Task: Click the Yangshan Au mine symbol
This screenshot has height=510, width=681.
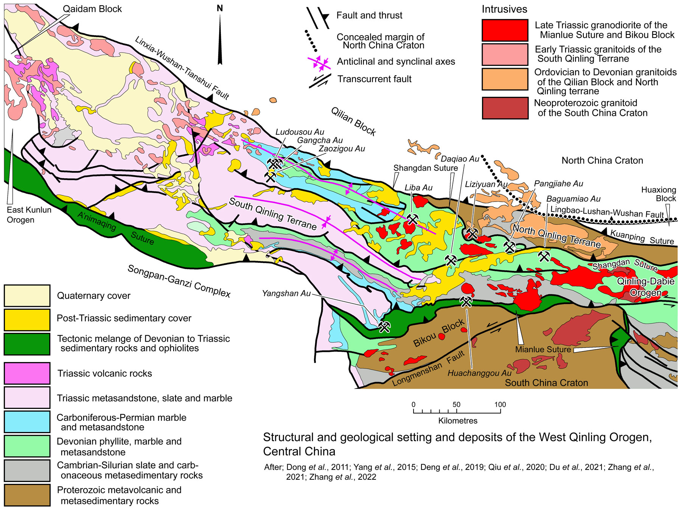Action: click(384, 327)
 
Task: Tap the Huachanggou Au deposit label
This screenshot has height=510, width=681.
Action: click(479, 373)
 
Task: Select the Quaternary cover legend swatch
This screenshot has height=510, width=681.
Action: click(27, 295)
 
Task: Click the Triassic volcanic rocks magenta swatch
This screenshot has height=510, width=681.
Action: click(27, 373)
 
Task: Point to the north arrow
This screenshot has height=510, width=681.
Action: click(220, 36)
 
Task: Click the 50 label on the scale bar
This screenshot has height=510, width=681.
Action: click(456, 404)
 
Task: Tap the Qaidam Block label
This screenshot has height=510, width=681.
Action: click(92, 9)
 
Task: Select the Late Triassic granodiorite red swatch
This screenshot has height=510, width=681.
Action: click(505, 30)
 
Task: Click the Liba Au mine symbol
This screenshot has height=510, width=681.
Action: click(412, 219)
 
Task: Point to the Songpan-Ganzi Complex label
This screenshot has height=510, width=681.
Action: click(179, 281)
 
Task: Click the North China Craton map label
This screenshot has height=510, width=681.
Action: click(602, 160)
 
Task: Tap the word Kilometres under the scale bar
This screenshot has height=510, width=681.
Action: click(457, 421)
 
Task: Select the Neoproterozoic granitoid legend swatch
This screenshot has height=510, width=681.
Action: click(505, 108)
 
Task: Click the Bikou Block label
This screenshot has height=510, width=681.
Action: click(438, 333)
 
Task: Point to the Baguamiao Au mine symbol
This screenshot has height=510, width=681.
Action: click(544, 256)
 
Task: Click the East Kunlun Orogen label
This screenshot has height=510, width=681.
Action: click(29, 215)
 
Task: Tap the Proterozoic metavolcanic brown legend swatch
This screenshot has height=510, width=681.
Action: click(27, 495)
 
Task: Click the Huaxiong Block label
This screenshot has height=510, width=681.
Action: click(658, 194)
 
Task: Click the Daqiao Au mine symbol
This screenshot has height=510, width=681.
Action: click(451, 260)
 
